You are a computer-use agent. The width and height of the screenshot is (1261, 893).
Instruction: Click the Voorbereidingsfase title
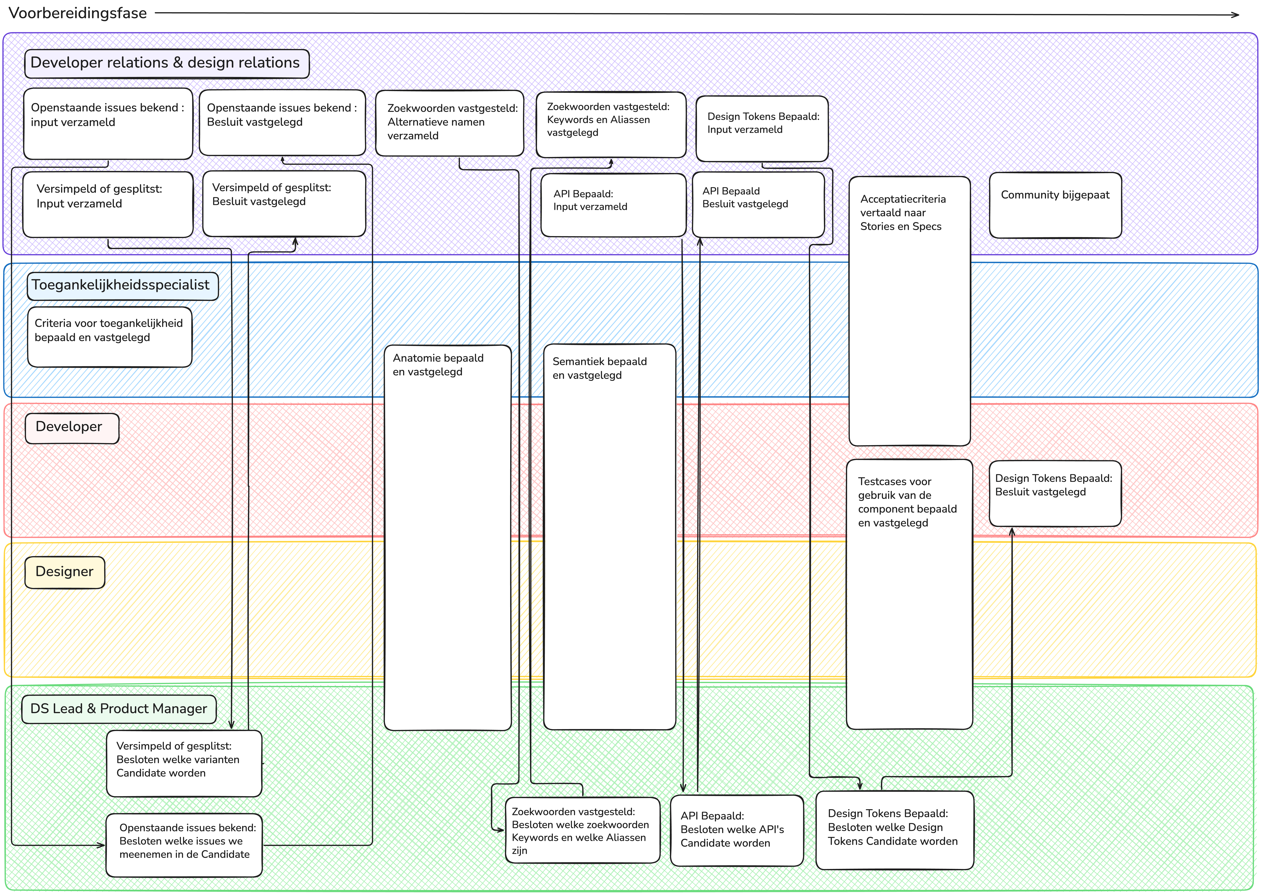78,13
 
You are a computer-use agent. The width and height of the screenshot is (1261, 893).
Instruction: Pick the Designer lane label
64,572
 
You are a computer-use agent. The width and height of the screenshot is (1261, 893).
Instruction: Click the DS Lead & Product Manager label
119,709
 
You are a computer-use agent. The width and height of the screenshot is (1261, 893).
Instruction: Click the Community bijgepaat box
1054,205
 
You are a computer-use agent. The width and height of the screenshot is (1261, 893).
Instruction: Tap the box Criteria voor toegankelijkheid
109,337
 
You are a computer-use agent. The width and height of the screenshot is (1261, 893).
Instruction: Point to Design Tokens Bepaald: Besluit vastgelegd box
1054,493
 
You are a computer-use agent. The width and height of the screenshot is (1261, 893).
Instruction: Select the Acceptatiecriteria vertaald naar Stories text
903,213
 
